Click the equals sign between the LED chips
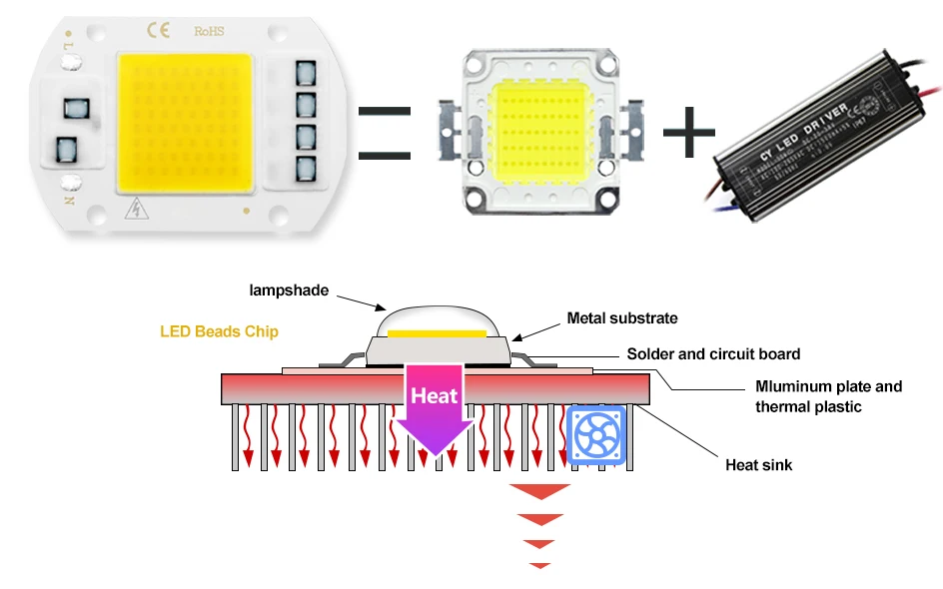(384, 134)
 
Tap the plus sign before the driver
(689, 133)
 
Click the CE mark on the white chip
(160, 30)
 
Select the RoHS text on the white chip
(210, 31)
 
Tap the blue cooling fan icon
(596, 436)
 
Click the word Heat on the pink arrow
(435, 396)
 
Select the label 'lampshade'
(289, 291)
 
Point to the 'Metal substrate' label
(622, 318)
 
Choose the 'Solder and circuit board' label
(713, 353)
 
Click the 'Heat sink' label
(758, 464)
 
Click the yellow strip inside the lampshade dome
(437, 333)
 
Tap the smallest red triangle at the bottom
(539, 566)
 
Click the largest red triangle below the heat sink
(539, 491)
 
